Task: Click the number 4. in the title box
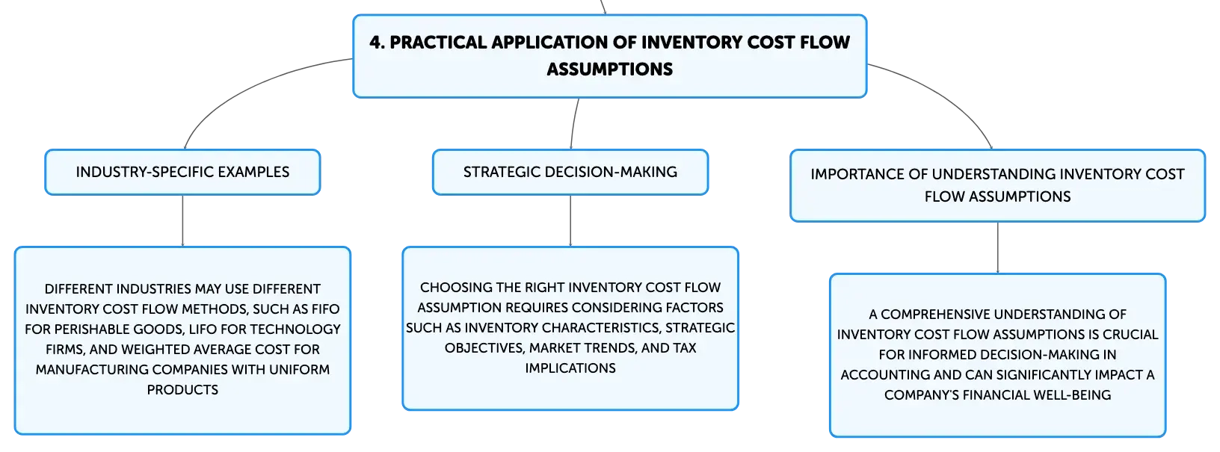point(377,43)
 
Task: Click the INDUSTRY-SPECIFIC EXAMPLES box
point(182,172)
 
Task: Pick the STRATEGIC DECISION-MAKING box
point(570,172)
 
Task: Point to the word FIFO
point(325,309)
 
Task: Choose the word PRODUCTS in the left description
point(182,390)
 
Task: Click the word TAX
point(683,348)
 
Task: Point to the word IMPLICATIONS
point(570,368)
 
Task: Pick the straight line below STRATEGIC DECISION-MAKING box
point(570,220)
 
